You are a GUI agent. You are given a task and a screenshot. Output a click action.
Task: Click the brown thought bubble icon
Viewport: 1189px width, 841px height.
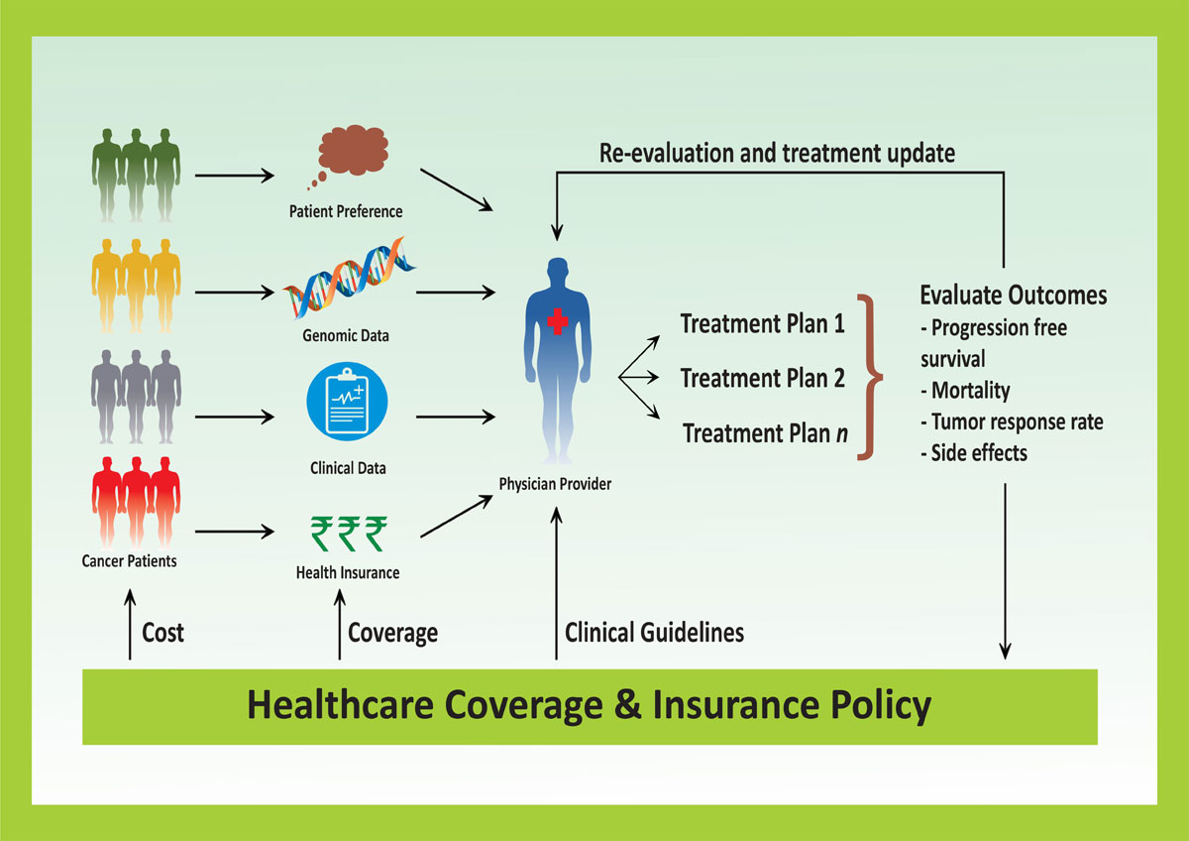pos(352,152)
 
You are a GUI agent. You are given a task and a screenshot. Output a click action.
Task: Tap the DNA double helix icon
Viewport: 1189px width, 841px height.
pos(349,279)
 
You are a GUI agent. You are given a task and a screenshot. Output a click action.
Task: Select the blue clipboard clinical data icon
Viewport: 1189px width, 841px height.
pos(347,401)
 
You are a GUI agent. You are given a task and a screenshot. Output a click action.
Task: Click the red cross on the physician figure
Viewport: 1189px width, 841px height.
pos(557,321)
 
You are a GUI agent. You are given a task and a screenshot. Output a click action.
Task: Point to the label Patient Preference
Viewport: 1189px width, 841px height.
pos(346,211)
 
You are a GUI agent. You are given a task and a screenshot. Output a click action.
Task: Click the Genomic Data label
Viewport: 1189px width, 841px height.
pos(346,336)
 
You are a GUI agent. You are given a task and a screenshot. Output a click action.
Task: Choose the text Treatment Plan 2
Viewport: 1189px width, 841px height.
pos(762,378)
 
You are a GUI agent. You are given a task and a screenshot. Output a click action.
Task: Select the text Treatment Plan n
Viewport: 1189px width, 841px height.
pos(765,433)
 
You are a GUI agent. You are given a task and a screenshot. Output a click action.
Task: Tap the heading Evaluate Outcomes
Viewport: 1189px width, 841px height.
pos(1014,296)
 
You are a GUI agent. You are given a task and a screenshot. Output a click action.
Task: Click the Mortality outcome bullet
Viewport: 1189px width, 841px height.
pos(965,391)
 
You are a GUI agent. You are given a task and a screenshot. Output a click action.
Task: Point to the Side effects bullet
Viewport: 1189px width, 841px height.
pos(974,453)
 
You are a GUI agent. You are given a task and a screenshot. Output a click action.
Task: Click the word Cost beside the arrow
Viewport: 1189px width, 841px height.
pos(162,633)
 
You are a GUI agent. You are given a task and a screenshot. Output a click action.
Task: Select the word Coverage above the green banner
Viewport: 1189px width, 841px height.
pos(392,634)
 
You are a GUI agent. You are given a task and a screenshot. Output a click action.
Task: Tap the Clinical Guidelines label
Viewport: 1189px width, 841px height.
pos(654,633)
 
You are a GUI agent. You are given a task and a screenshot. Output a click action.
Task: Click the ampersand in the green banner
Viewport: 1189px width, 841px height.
pos(627,705)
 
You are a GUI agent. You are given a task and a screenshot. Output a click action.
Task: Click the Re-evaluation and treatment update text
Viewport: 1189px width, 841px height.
pos(777,153)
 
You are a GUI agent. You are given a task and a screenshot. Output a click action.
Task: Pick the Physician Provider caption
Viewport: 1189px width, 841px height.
pos(555,484)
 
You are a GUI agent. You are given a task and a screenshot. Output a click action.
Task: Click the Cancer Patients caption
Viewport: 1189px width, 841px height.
pos(129,561)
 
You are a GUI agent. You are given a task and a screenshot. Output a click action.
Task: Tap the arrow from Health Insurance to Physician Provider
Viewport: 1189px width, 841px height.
pos(457,516)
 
